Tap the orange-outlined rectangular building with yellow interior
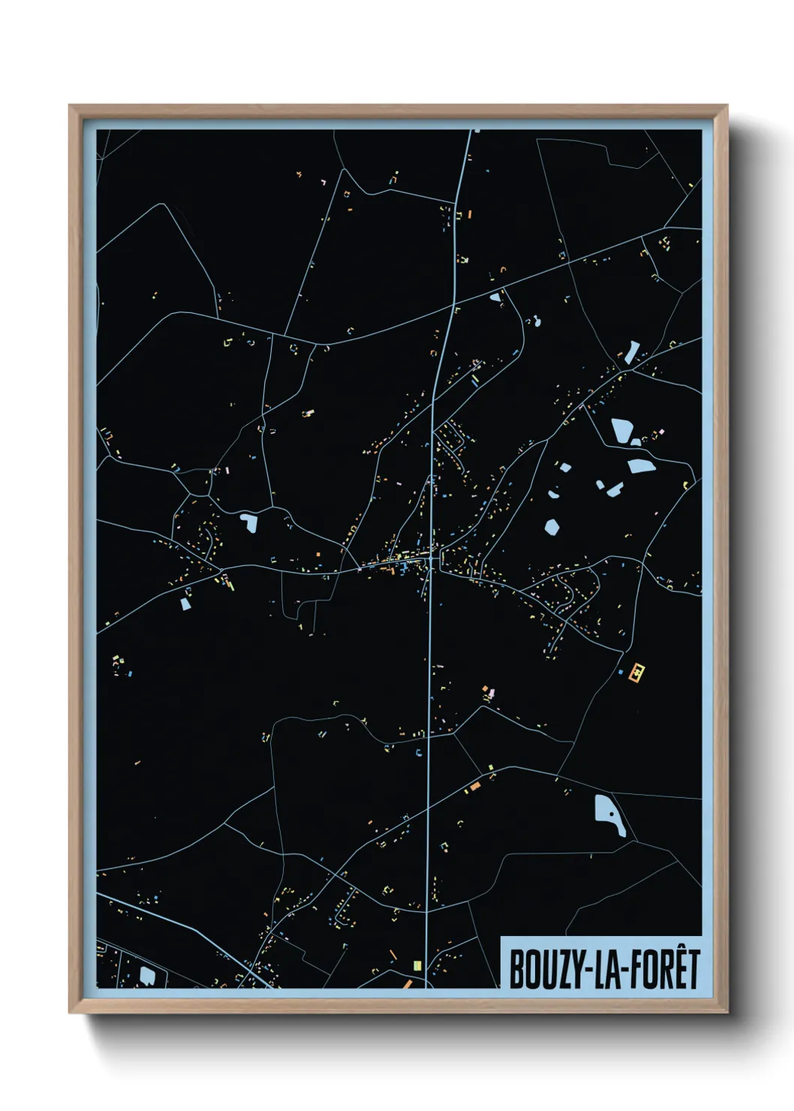pyautogui.click(x=637, y=673)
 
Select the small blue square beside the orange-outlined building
pyautogui.click(x=621, y=672)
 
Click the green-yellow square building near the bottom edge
pyautogui.click(x=417, y=965)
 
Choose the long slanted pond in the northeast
pyautogui.click(x=632, y=351)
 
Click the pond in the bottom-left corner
pyautogui.click(x=147, y=974)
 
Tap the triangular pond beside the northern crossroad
pyautogui.click(x=495, y=297)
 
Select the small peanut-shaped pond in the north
pyautogui.click(x=537, y=323)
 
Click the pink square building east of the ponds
pyautogui.click(x=661, y=432)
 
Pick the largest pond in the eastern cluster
pyautogui.click(x=622, y=431)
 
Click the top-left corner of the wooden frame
pyautogui.click(x=70, y=106)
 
